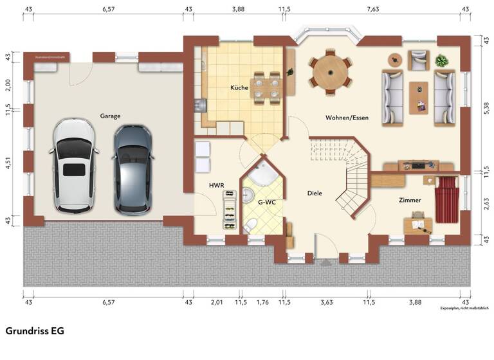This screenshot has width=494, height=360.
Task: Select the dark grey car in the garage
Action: [x=133, y=169]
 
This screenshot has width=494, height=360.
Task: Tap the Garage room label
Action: [x=110, y=116]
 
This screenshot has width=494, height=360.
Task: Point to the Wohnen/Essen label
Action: [x=347, y=118]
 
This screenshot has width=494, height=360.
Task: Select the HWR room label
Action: [x=216, y=185]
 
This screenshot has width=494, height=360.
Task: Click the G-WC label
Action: [x=267, y=202]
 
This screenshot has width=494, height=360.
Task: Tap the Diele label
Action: [x=314, y=193]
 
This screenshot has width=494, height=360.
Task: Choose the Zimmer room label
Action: [x=410, y=200]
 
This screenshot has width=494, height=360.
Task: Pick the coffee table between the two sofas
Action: [x=418, y=96]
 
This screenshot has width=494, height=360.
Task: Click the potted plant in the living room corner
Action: [x=441, y=62]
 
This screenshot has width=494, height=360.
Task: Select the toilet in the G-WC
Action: [x=252, y=224]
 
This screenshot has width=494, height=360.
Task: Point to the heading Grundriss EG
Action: [x=35, y=330]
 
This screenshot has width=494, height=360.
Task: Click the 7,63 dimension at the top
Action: [x=372, y=10]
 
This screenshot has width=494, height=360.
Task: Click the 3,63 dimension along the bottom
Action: [x=326, y=302]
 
